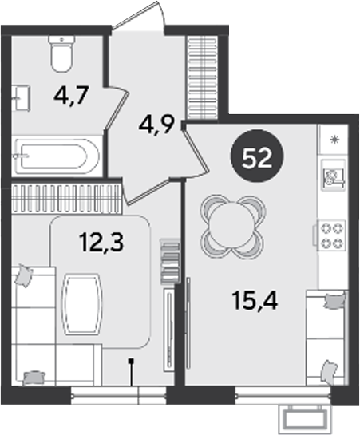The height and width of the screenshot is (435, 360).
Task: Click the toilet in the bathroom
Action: click(x=61, y=53)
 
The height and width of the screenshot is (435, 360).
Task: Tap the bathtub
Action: click(x=57, y=156)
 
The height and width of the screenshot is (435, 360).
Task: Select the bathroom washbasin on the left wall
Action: click(x=21, y=98)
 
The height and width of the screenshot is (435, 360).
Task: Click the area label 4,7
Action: click(x=71, y=95)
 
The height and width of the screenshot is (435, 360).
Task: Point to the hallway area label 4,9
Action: click(x=156, y=125)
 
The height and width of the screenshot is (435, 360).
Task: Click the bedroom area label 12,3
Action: click(x=101, y=243)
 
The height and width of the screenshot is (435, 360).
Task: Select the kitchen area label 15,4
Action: click(x=255, y=301)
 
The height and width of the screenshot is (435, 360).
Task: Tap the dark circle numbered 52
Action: click(x=257, y=156)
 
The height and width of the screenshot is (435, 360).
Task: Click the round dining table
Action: click(x=231, y=225)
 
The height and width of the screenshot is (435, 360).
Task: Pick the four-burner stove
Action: click(x=332, y=235)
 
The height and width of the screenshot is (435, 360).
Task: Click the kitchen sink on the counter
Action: click(x=334, y=175)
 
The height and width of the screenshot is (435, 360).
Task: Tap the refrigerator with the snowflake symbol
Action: click(x=334, y=139)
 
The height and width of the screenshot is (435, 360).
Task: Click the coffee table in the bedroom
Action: click(x=81, y=303)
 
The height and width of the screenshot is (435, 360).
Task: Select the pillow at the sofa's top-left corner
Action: click(x=24, y=275)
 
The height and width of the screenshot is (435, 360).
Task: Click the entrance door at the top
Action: click(x=139, y=17)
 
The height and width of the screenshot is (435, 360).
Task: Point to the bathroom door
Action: click(x=117, y=109)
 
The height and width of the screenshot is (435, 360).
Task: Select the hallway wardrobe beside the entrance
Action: click(x=202, y=78)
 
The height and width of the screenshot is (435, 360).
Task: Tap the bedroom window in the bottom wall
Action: click(x=118, y=396)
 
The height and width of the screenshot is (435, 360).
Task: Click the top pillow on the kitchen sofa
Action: click(x=335, y=301)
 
